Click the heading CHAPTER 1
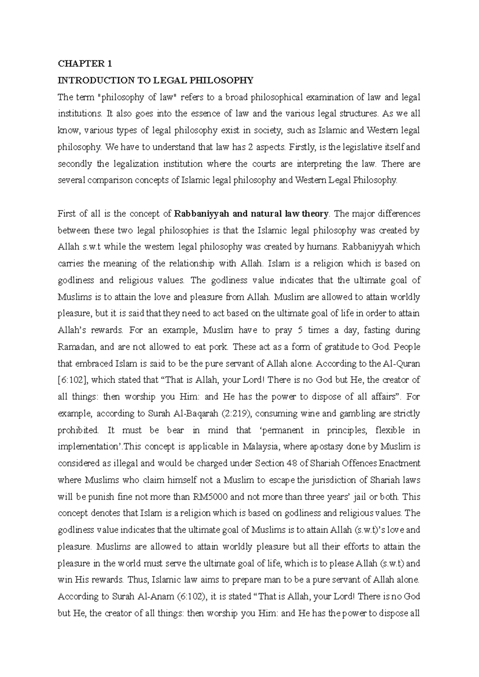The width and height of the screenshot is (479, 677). (x=85, y=64)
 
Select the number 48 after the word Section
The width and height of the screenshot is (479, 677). (x=291, y=463)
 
